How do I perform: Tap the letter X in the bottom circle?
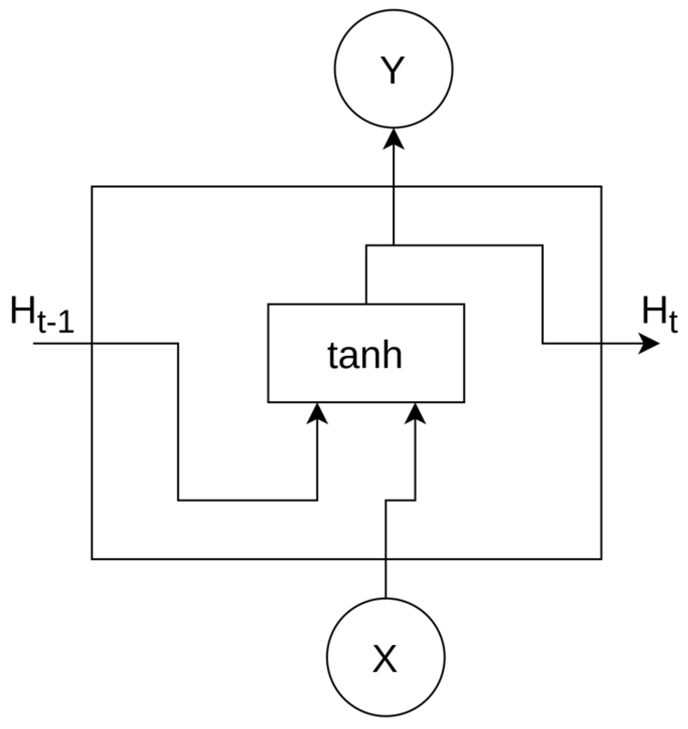pyautogui.click(x=385, y=659)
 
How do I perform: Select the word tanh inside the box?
pyautogui.click(x=365, y=355)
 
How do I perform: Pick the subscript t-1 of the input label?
pyautogui.click(x=55, y=323)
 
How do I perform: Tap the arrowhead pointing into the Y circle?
pyautogui.click(x=394, y=138)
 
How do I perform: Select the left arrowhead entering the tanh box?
pyautogui.click(x=317, y=413)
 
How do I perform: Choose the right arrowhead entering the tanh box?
pyautogui.click(x=415, y=413)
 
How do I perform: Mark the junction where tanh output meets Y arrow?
pyautogui.click(x=394, y=246)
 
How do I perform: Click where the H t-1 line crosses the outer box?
pyautogui.click(x=92, y=344)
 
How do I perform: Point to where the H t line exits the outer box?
pyautogui.click(x=601, y=344)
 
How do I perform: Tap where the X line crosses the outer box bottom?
pyautogui.click(x=386, y=558)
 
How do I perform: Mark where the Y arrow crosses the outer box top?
pyautogui.click(x=394, y=187)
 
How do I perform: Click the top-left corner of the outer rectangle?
pyautogui.click(x=92, y=187)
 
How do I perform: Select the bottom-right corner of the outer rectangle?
pyautogui.click(x=601, y=558)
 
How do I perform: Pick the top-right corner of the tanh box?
pyautogui.click(x=464, y=304)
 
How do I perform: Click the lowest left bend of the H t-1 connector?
pyautogui.click(x=178, y=500)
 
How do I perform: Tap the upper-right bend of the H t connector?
pyautogui.click(x=542, y=246)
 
